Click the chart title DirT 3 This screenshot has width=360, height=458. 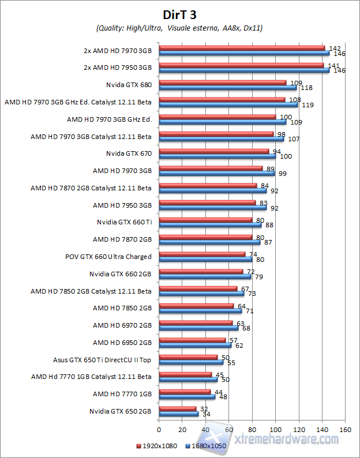(179, 14)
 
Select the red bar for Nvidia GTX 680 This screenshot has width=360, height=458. (222, 82)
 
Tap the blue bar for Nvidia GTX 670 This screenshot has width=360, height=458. (217, 156)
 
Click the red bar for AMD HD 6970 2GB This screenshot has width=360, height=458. (196, 323)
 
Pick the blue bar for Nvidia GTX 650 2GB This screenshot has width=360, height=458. (178, 414)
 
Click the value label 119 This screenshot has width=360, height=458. (307, 105)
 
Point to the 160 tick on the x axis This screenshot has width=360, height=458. (345, 430)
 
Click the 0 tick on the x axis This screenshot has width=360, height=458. (159, 430)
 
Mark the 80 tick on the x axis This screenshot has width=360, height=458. (252, 430)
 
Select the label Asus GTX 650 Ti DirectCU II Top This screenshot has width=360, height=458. (102, 359)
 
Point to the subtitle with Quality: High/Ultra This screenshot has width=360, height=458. (179, 28)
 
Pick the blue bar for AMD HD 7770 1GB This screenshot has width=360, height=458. (187, 396)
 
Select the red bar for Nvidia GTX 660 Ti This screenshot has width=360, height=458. (205, 219)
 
